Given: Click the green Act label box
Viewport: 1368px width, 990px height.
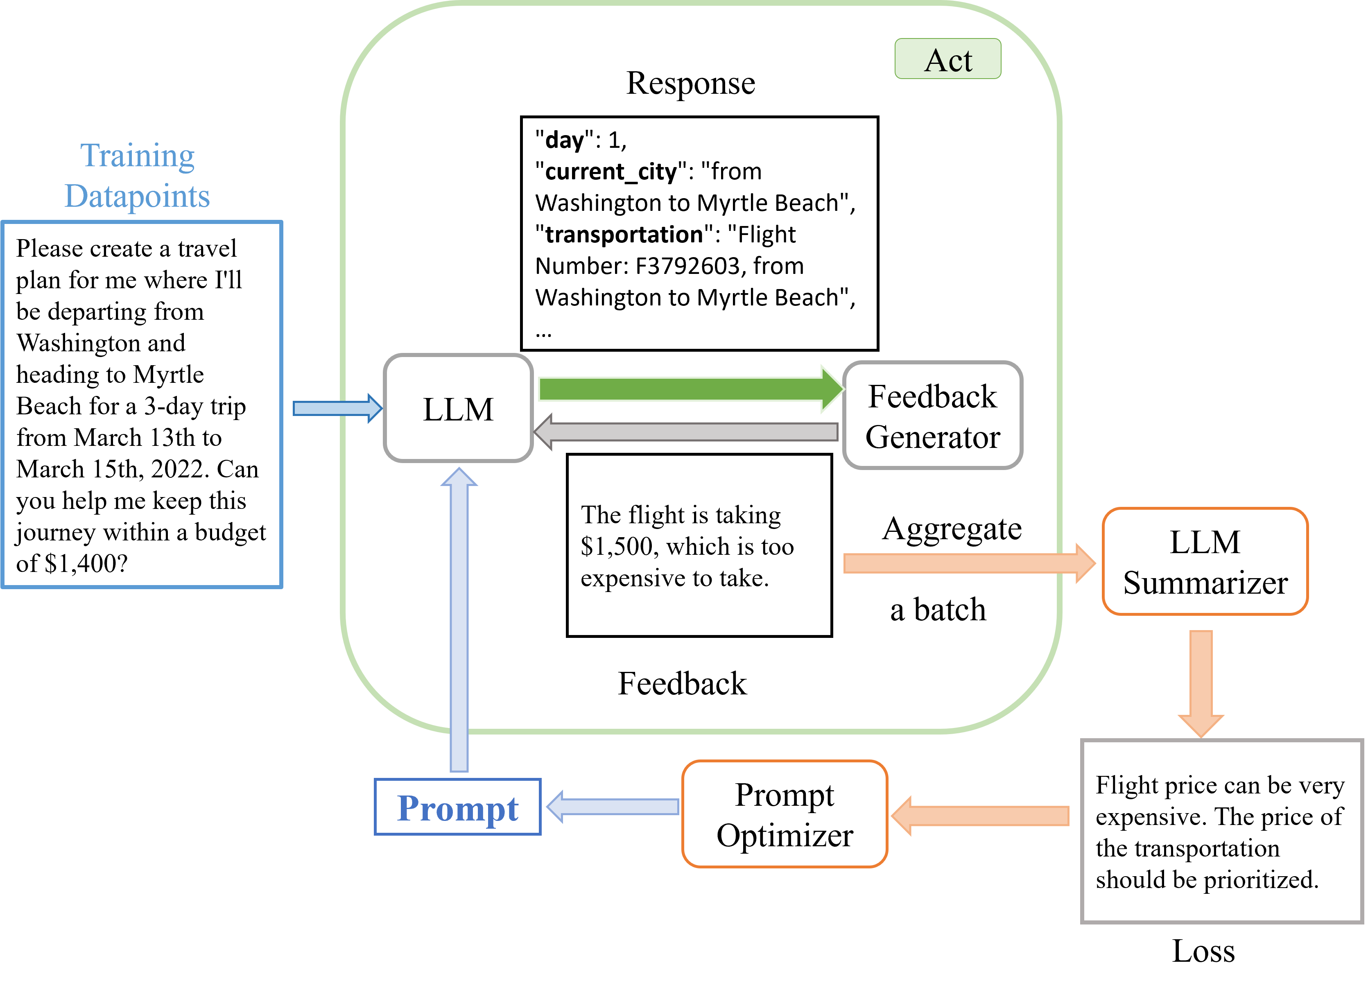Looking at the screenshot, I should (947, 59).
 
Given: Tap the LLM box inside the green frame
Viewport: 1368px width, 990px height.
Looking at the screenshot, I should (459, 409).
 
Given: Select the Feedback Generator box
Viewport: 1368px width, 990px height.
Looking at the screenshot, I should (932, 416).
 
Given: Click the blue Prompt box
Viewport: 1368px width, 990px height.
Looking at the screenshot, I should (457, 807).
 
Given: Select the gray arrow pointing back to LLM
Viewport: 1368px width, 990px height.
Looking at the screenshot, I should (687, 432).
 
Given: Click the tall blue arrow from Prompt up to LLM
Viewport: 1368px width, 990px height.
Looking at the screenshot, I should (459, 622).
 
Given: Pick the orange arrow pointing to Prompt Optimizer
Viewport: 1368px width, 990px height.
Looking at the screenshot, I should (983, 816).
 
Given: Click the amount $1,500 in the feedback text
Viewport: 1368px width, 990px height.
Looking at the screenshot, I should (617, 547).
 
